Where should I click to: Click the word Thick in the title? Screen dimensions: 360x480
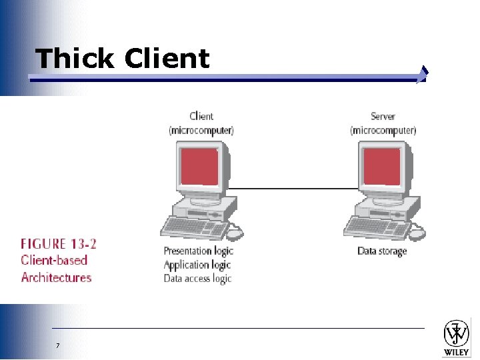[x=75, y=59]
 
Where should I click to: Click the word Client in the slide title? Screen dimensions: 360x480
[x=167, y=59]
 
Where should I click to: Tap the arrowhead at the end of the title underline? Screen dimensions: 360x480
[x=423, y=75]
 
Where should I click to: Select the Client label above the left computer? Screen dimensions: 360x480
[x=201, y=117]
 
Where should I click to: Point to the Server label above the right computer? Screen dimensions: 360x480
[x=383, y=117]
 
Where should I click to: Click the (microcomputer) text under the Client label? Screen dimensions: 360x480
[x=201, y=130]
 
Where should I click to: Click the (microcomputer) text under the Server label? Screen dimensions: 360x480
[x=383, y=130]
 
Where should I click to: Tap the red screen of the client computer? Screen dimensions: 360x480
[x=197, y=167]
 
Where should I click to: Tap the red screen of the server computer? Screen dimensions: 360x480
[x=381, y=167]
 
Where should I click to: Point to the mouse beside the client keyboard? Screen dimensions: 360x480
[x=235, y=233]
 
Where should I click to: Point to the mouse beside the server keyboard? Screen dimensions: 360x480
[x=417, y=233]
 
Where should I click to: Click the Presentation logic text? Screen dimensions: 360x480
[x=198, y=251]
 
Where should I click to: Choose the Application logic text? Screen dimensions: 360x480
[x=197, y=265]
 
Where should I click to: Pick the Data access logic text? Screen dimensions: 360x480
[x=197, y=278]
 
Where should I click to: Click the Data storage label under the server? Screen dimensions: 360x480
[x=382, y=251]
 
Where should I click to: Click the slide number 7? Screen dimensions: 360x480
[x=58, y=345]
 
